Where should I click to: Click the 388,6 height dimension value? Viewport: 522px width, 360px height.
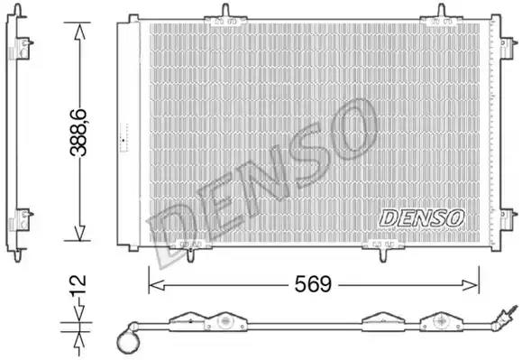78,133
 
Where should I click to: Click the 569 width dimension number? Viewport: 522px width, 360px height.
313,284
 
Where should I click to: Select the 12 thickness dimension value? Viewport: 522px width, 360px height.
78,285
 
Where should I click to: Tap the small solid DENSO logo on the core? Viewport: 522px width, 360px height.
422,218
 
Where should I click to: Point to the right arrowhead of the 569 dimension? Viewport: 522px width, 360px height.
471,285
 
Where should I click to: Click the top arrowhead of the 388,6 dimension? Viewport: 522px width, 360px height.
79,31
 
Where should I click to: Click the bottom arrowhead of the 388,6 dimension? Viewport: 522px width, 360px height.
79,233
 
